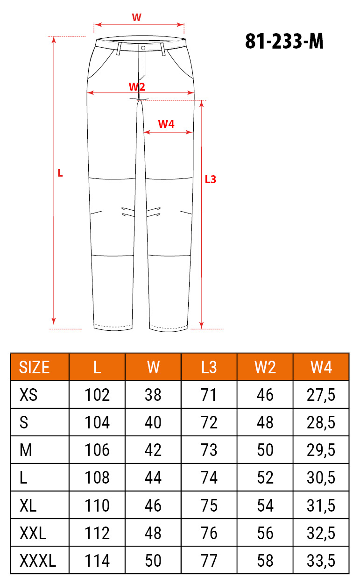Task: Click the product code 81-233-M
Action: (284, 41)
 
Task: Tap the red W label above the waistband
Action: (136, 17)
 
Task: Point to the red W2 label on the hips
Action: (137, 87)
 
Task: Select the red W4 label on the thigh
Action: (166, 124)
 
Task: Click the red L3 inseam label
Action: (211, 179)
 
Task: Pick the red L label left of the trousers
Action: (60, 173)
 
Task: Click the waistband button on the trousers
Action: (143, 48)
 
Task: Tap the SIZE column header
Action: (34, 367)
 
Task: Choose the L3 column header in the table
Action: (209, 367)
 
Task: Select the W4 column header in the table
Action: (321, 367)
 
